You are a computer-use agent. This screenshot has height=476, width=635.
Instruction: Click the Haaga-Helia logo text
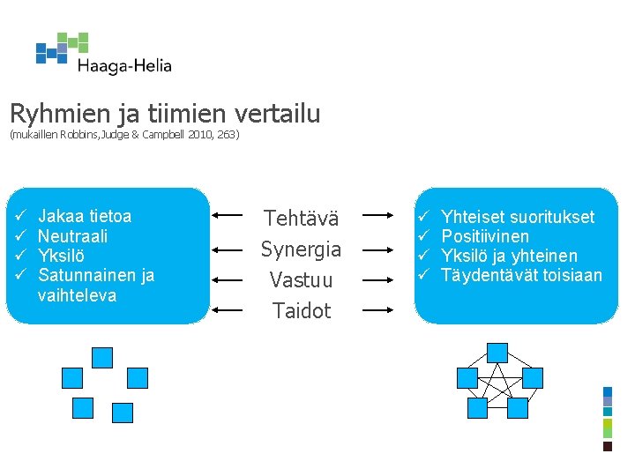point(124,66)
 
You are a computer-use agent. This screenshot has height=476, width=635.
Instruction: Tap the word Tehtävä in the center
point(301,219)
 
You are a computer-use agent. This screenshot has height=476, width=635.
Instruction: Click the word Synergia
point(301,249)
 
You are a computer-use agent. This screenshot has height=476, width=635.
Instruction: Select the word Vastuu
point(301,280)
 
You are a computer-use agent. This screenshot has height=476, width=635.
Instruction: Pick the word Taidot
point(301,310)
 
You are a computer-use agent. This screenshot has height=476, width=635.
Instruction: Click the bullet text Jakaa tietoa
point(85,216)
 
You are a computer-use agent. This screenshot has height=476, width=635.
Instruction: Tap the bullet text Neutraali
point(73,236)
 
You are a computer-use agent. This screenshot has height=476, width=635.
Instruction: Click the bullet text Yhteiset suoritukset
point(518,217)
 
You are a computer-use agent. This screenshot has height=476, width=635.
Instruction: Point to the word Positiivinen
point(485,236)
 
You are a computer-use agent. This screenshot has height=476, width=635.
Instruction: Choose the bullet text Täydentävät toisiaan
point(521,275)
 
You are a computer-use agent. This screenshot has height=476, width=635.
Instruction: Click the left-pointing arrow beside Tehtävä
point(228,214)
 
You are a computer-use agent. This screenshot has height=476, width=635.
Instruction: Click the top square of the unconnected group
point(102,357)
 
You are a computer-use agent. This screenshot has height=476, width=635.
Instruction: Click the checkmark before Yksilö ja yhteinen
point(422,256)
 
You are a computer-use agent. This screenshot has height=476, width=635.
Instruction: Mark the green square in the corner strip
point(607,428)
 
